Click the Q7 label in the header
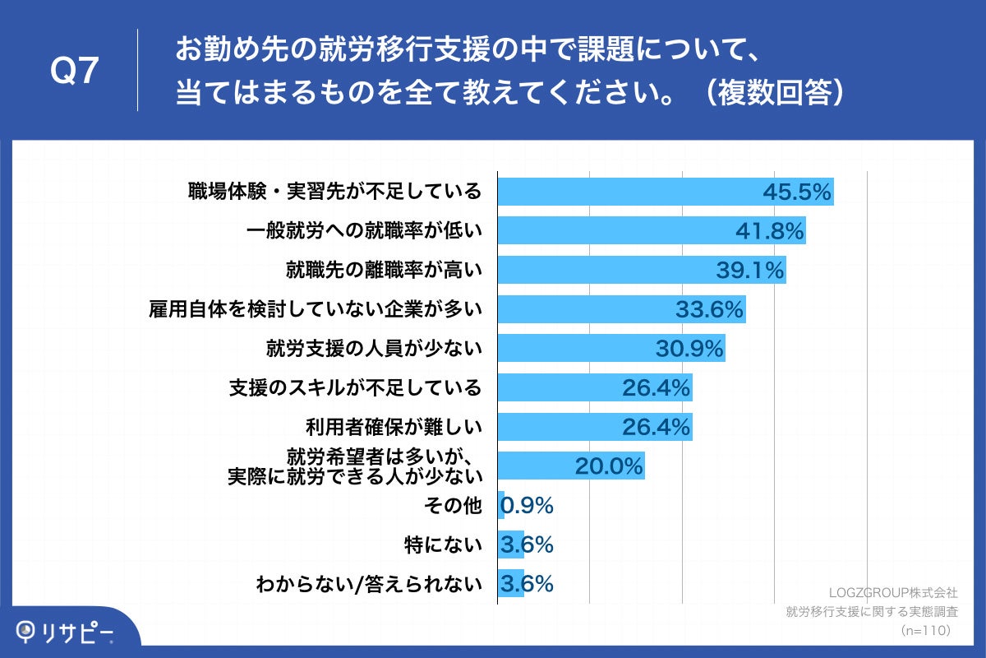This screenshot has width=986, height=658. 74,72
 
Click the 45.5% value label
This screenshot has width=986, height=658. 797,192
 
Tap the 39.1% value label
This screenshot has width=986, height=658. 749,270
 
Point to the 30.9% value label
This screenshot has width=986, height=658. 689,349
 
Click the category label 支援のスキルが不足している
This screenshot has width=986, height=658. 354,387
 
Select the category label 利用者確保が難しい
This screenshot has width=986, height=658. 393,427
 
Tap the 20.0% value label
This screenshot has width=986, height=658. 608,466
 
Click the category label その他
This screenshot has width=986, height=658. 458,506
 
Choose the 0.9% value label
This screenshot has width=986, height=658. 528,506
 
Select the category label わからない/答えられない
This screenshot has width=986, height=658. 368,584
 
